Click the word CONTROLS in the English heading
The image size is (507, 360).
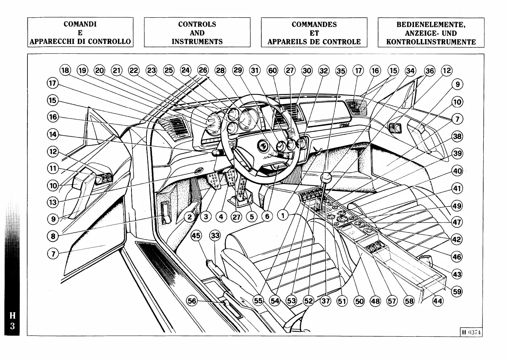(197, 24)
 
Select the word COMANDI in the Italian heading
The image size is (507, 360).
(80, 24)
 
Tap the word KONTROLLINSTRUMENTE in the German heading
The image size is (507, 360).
(431, 42)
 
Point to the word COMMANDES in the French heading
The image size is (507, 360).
(314, 24)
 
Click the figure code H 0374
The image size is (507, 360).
(471, 332)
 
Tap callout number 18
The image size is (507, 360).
(65, 70)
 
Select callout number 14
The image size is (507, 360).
(53, 134)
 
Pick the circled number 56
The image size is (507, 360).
(192, 301)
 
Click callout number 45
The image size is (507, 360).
(196, 236)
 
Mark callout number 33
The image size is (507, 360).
(215, 236)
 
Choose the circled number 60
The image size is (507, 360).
(272, 70)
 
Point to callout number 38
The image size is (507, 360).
(457, 136)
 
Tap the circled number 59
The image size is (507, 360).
(457, 292)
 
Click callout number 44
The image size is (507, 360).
(438, 301)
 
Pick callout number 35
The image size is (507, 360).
(341, 70)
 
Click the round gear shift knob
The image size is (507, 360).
(327, 177)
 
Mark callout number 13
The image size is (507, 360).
(53, 203)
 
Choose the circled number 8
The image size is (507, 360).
(53, 236)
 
